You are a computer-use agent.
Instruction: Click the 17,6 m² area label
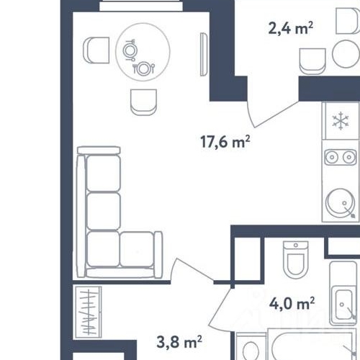point(225,142)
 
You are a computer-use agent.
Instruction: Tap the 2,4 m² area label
point(291,28)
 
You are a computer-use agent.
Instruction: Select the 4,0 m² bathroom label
point(292,303)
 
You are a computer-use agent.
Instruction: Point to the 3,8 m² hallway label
point(179,342)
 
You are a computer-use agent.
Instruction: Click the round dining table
point(143,52)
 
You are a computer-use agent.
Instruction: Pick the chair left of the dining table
point(96,50)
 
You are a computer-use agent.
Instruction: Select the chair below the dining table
point(143,102)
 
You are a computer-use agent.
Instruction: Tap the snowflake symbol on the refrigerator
point(341,122)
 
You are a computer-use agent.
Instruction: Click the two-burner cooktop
point(341,157)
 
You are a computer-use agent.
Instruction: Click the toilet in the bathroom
point(296,260)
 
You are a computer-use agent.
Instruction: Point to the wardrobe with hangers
point(89,312)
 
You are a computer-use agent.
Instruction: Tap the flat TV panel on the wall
point(204,55)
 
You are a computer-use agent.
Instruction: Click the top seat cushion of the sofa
point(104,174)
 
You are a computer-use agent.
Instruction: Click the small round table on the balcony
point(346,54)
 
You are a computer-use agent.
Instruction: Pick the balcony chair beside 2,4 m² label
point(312,61)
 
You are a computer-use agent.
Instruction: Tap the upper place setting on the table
point(130,50)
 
